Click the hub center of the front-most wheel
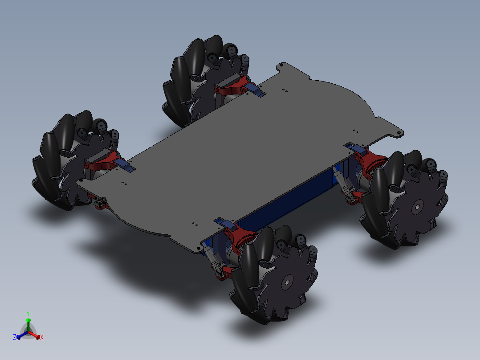[x=287, y=281]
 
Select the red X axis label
[x=42, y=338]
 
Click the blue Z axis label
[x=15, y=338]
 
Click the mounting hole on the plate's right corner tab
[x=399, y=133]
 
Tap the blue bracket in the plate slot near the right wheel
[x=354, y=147]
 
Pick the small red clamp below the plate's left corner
[x=101, y=204]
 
